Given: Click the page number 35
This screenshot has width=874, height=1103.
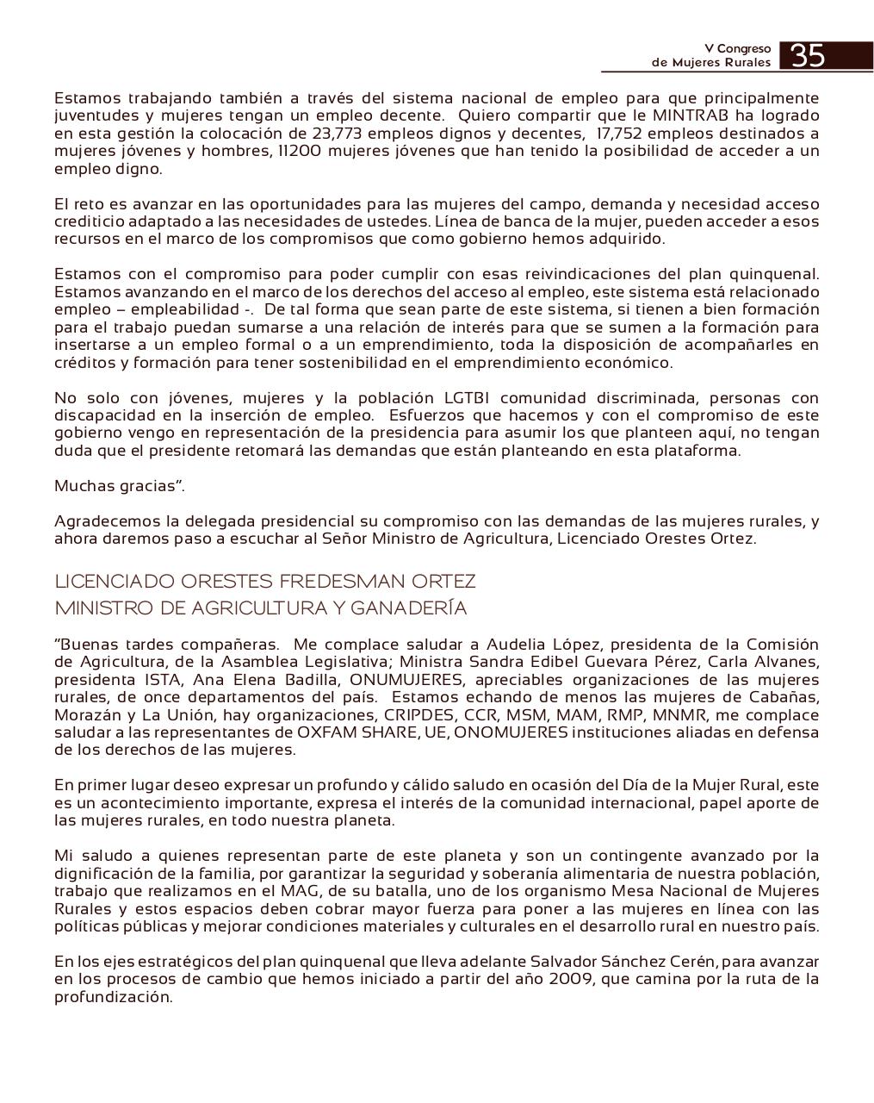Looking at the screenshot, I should click(x=807, y=56).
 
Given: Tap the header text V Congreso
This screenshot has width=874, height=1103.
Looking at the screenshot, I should click(x=737, y=49).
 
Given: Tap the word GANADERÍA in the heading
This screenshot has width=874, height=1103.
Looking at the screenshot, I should click(x=409, y=608).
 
